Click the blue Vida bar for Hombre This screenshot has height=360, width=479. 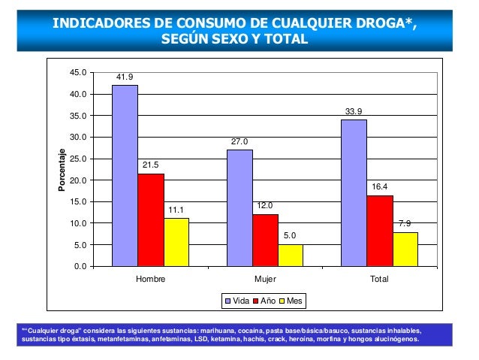pos(125,176)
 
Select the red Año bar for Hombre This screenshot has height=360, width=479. pos(151,220)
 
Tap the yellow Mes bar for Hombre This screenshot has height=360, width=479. pos(176,242)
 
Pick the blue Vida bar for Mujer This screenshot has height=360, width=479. pos(239,208)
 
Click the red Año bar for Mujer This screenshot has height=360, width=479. pos(265,241)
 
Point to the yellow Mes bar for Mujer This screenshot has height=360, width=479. pos(291,256)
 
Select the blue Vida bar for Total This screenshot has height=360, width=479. pos(354,193)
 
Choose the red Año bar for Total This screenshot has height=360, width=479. pos(380,231)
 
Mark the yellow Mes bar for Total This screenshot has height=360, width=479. pos(405,250)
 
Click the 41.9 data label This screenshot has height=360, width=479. pos(125,77)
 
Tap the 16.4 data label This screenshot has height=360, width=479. pos(380,187)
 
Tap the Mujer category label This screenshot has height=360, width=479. pos(265,279)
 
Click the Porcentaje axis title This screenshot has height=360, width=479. pos(63,169)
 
